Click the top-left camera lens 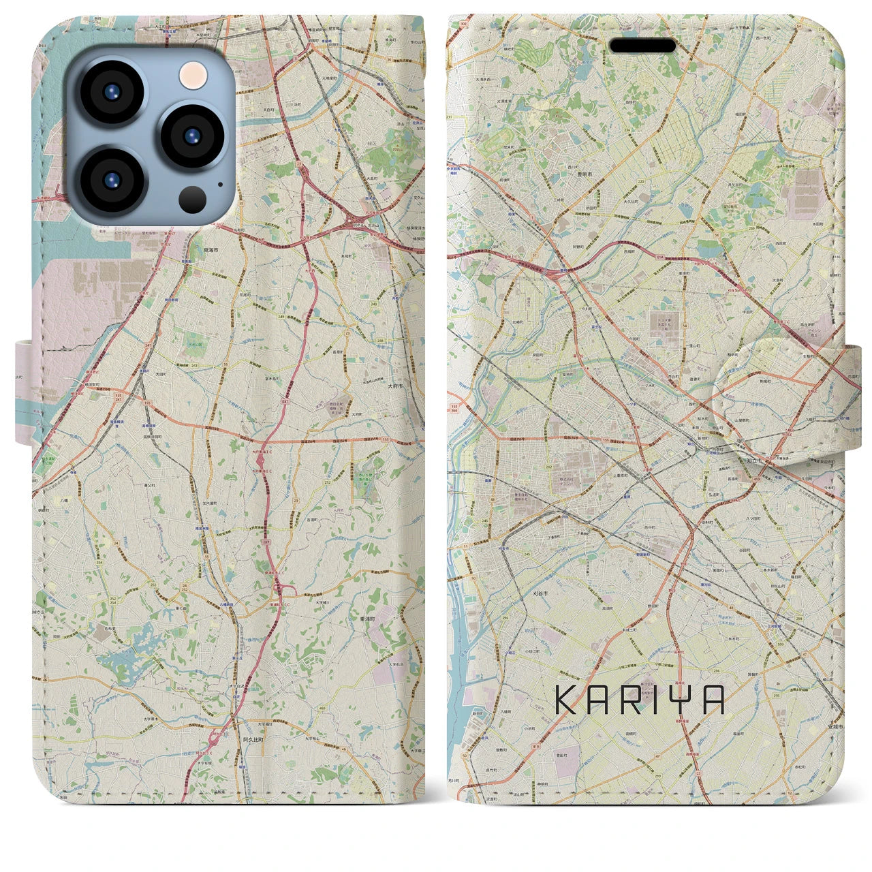click(112, 92)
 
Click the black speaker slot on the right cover click(642, 46)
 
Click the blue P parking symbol click(489, 125)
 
